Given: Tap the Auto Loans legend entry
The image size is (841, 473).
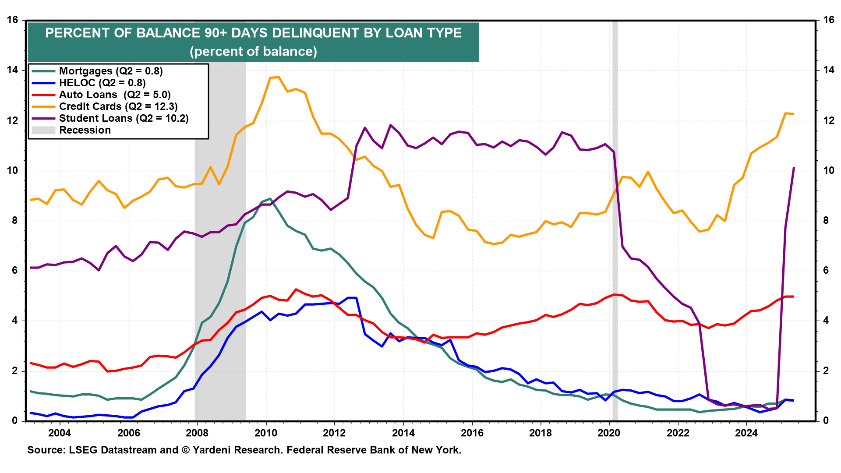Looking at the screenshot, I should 114,95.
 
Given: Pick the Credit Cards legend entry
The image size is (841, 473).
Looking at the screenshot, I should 118,106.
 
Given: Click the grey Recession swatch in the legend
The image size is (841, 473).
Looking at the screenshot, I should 43,130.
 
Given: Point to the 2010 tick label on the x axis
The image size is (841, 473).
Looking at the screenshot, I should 266,433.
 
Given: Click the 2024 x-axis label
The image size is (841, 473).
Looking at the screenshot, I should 746,433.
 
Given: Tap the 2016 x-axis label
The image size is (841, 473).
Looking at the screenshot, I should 472,433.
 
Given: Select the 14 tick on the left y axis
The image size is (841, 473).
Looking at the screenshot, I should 12,70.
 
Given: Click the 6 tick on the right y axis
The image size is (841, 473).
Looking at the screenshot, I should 826,271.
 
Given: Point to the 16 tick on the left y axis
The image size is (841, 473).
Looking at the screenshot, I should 12,20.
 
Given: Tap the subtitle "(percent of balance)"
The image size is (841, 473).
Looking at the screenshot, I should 253,52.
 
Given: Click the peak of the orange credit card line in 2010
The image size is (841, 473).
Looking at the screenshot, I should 279,77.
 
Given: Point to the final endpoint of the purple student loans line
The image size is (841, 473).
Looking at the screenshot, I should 794,168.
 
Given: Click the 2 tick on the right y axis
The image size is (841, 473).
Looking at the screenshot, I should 826,371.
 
